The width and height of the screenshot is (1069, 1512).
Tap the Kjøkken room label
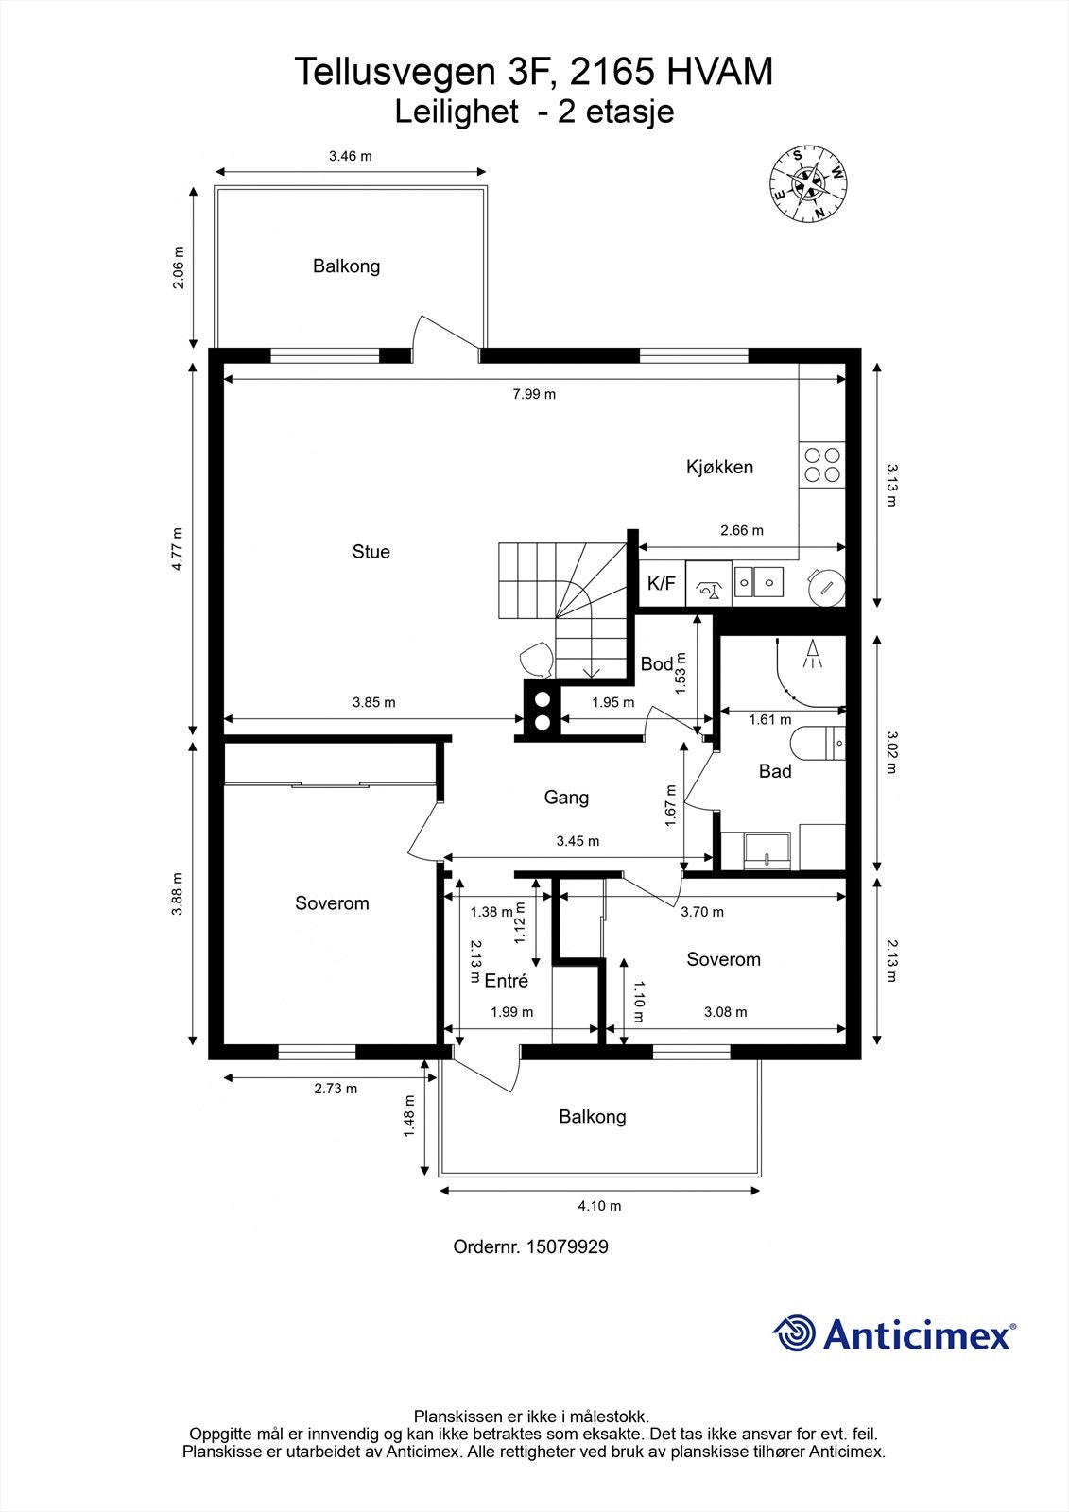[x=719, y=467]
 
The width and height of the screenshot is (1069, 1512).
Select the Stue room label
[x=371, y=552]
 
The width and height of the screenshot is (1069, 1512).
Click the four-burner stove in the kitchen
[x=822, y=465]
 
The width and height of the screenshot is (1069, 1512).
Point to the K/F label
[x=662, y=584]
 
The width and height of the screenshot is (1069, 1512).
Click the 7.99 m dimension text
[x=534, y=394]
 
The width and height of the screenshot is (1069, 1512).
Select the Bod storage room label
[x=656, y=664]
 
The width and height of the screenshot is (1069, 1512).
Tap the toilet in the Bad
[x=819, y=745]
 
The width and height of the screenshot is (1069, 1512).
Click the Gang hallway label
[x=566, y=798]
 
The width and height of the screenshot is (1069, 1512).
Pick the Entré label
[x=506, y=981]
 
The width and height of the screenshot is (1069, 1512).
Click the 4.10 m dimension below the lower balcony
[x=599, y=1206]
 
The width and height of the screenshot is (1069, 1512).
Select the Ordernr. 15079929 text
[x=530, y=1246]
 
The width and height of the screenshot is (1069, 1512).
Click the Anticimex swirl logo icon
[x=794, y=1333]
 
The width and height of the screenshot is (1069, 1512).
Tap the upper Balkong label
[x=346, y=266]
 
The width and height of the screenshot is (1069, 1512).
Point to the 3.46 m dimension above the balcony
[x=350, y=157]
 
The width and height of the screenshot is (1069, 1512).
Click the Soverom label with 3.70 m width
[x=723, y=960]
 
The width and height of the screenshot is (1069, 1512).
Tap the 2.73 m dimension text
[x=336, y=1089]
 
